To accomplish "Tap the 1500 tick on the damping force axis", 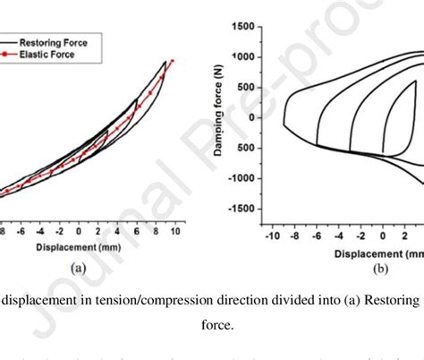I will coord(240,26).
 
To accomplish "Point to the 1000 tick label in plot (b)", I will coord(240,56).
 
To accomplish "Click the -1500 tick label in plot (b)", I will coord(237,209).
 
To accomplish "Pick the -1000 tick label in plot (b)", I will coord(237,178).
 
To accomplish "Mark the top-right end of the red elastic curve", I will coord(173,61).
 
